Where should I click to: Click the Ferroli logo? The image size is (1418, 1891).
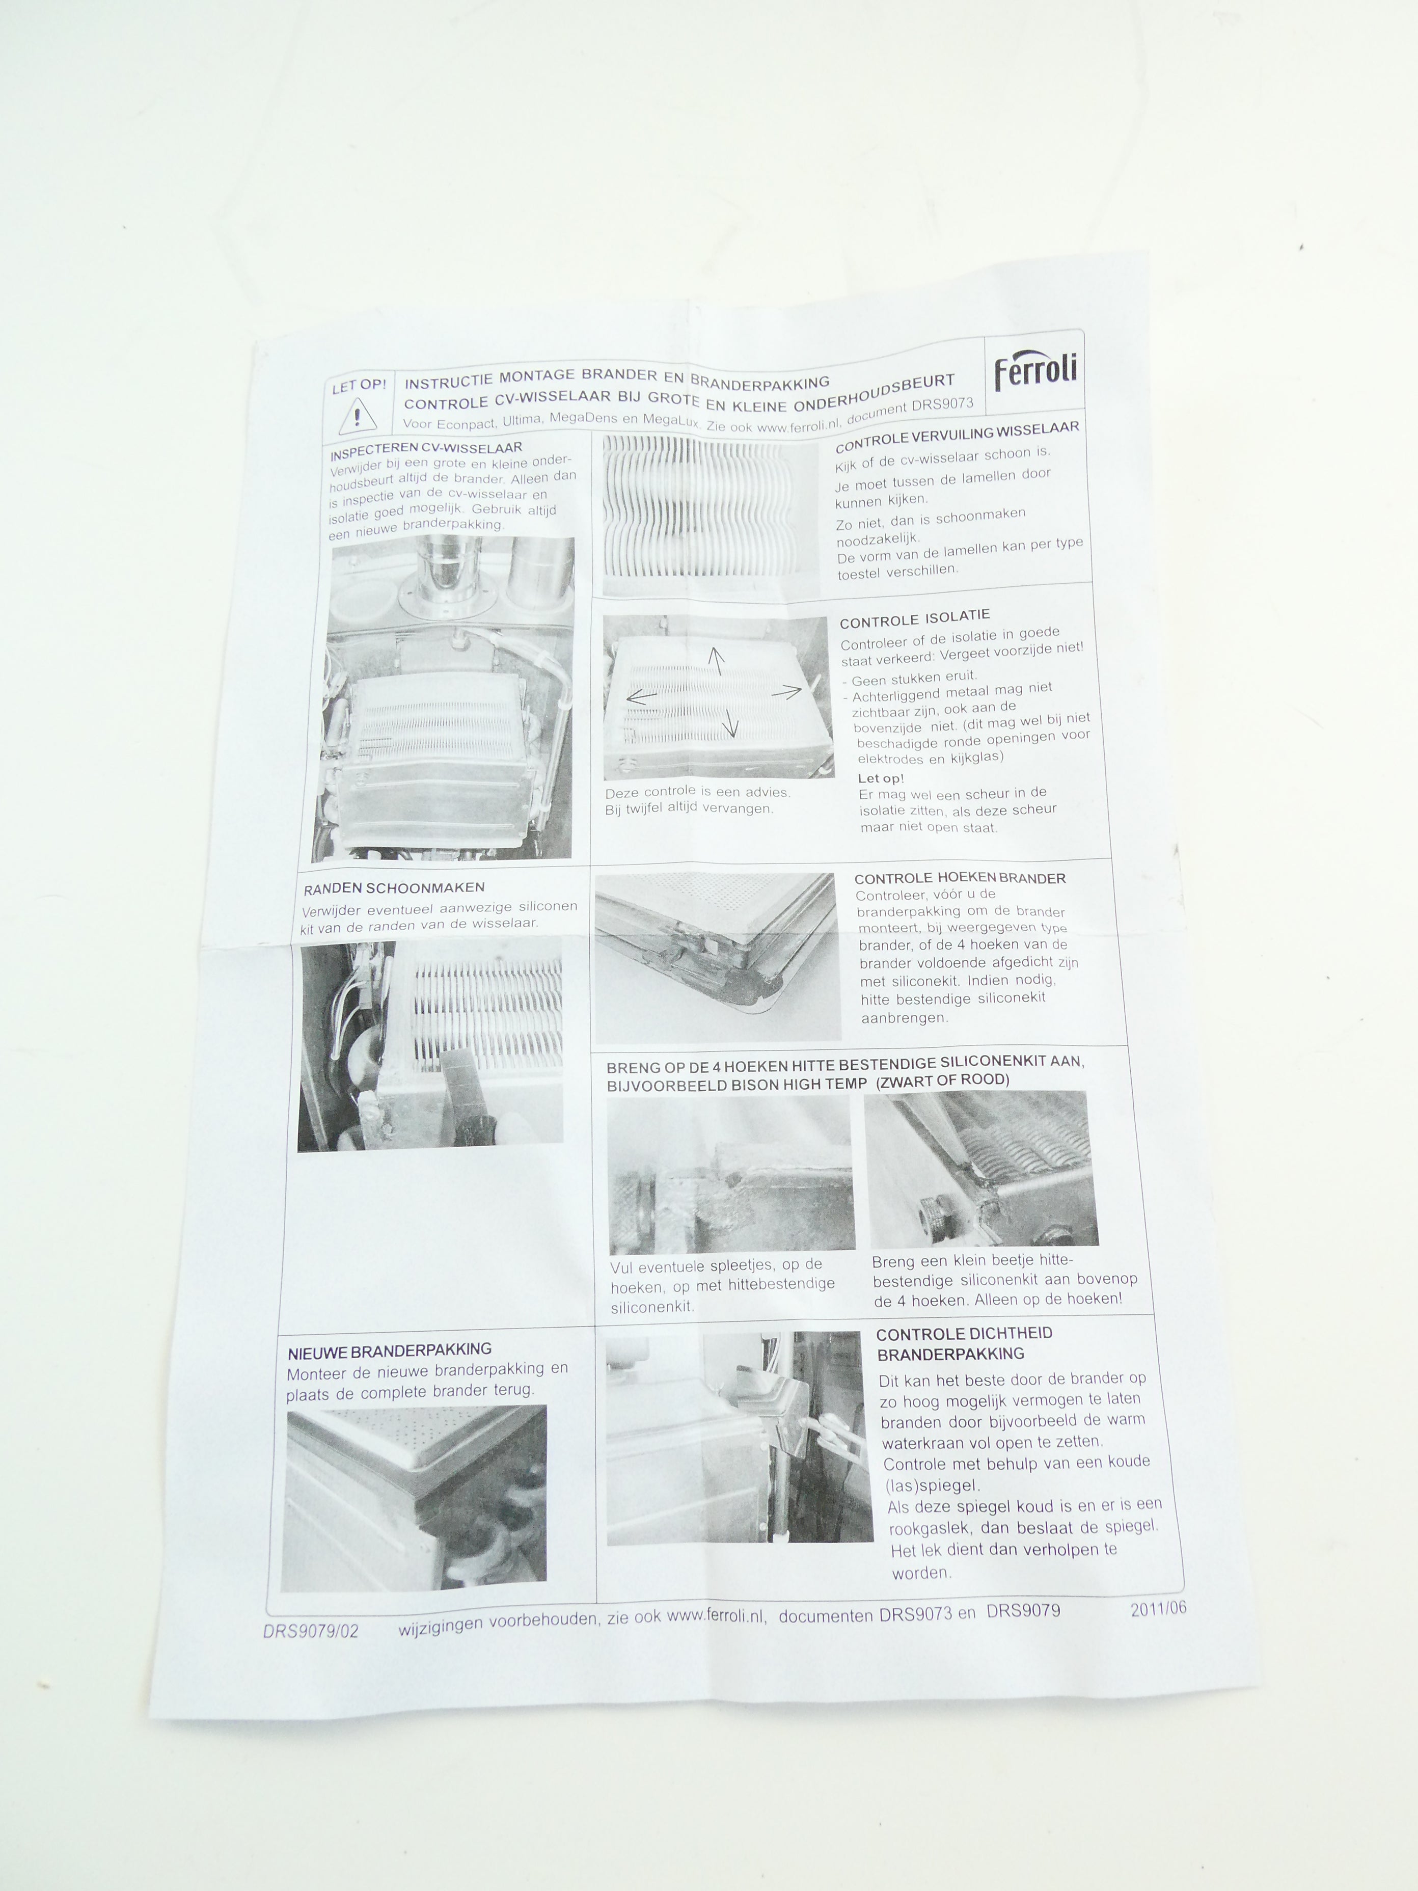click(1035, 371)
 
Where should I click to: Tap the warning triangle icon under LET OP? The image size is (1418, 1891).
click(357, 416)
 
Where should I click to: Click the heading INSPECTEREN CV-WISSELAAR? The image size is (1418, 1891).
click(426, 450)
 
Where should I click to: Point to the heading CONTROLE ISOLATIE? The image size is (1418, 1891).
click(915, 618)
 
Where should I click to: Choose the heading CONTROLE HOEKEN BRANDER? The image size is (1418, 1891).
click(960, 878)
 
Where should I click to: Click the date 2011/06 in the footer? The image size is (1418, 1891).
click(1158, 1608)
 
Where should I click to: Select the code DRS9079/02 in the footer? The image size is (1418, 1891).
click(311, 1630)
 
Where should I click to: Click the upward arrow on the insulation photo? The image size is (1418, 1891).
click(716, 661)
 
